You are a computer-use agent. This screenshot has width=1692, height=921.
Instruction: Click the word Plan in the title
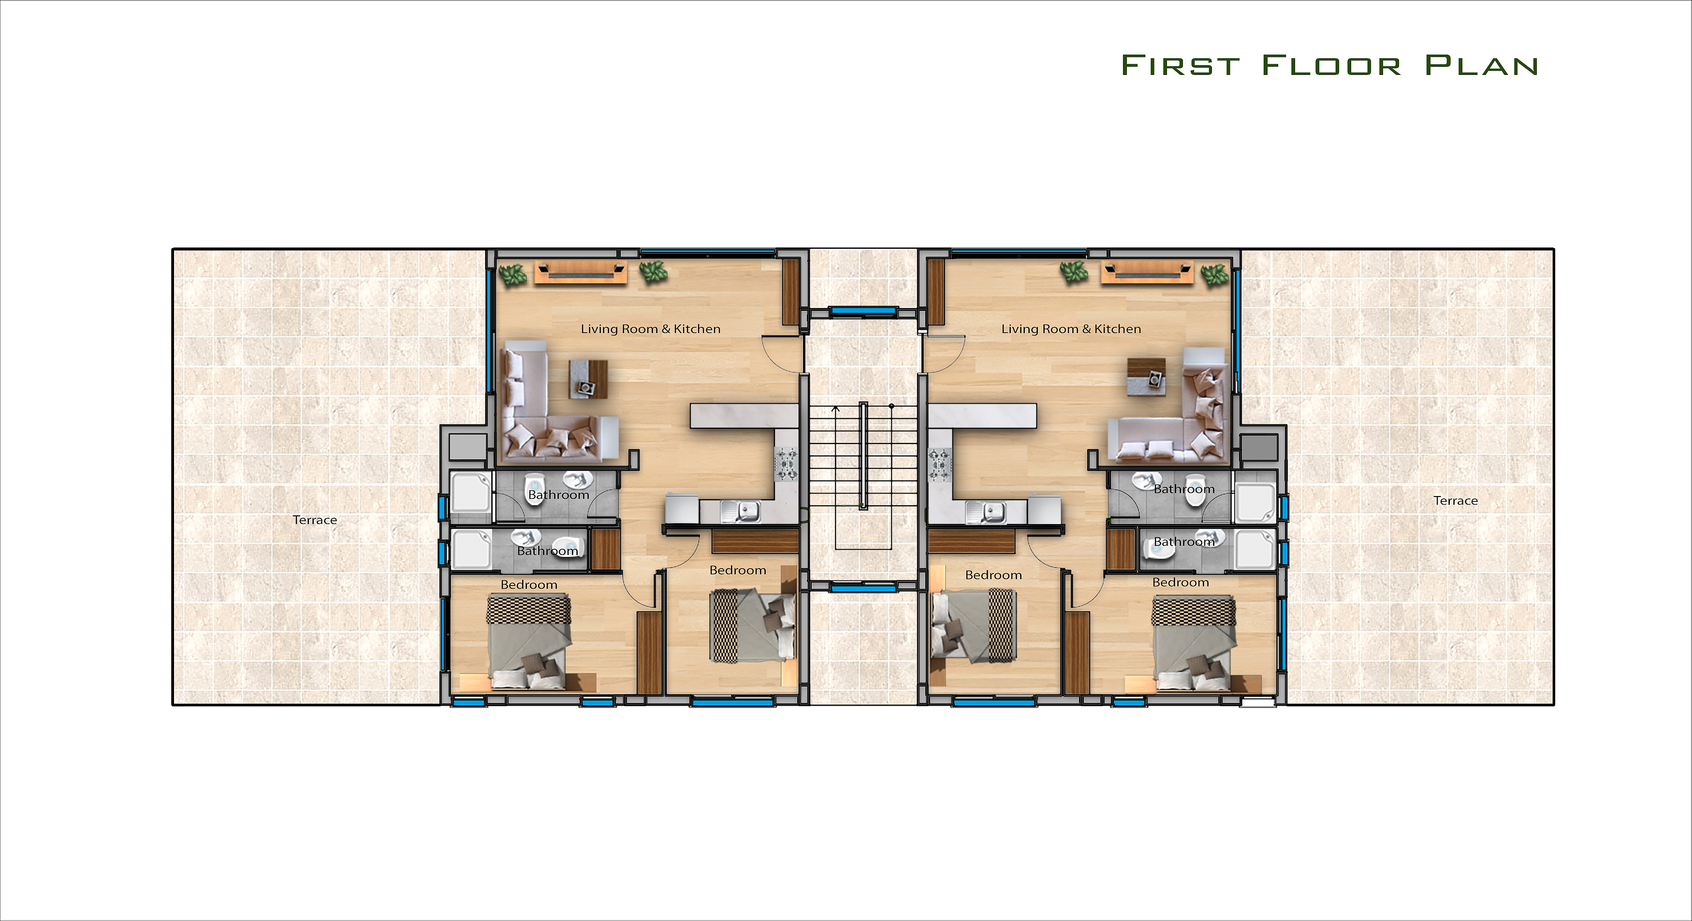(x=1481, y=65)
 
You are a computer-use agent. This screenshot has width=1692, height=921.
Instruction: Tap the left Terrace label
(x=315, y=520)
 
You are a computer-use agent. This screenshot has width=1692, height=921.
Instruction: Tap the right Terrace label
(x=1456, y=500)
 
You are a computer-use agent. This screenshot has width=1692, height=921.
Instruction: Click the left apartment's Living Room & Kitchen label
(x=650, y=329)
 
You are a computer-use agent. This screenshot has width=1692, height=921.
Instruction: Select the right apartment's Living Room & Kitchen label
(x=1071, y=329)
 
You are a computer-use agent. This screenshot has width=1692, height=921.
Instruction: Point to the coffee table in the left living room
(x=588, y=379)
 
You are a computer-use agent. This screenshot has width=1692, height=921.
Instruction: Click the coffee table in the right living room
(x=1147, y=377)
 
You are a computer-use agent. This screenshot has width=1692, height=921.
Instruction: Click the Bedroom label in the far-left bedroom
(x=529, y=585)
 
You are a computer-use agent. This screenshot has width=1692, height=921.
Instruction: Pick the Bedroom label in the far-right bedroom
(x=1181, y=583)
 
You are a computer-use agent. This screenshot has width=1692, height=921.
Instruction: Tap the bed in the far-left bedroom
(x=529, y=642)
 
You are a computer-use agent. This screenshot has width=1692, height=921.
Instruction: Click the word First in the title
(x=1181, y=65)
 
